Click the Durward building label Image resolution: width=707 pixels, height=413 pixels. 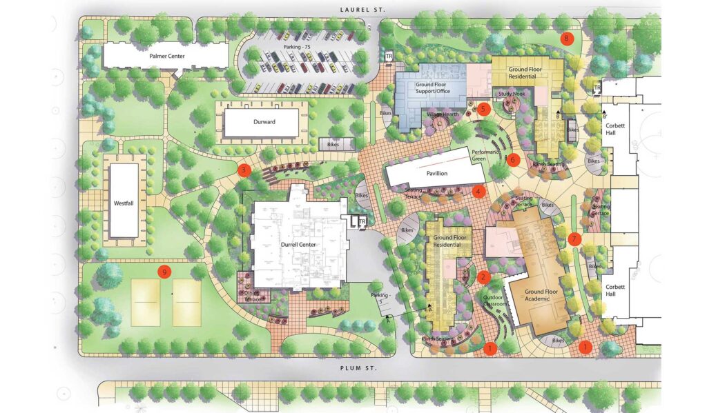(x=260, y=122)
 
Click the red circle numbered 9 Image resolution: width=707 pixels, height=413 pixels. (x=164, y=272)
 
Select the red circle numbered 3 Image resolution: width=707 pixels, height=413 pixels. (x=242, y=169)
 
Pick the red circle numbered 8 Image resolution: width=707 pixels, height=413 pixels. (x=568, y=39)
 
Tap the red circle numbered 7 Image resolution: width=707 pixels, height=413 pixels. (x=575, y=239)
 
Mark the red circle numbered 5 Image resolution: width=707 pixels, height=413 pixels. (x=483, y=108)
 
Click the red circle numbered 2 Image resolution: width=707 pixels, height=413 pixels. (x=484, y=277)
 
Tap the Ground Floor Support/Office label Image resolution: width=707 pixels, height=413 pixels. (x=432, y=88)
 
